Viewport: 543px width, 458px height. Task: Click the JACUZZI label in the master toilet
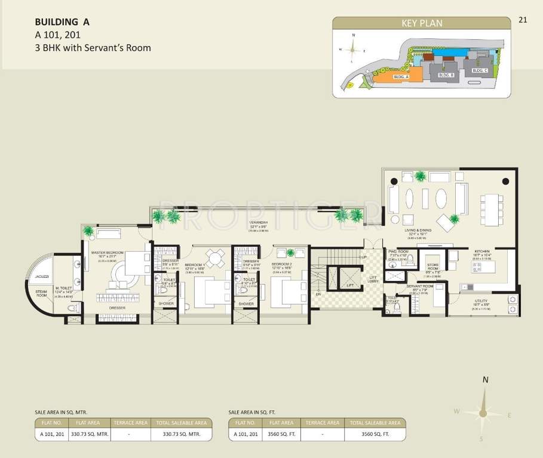pyautogui.click(x=42, y=277)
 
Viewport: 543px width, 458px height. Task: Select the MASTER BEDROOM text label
pyautogui.click(x=108, y=253)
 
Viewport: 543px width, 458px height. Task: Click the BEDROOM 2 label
pyautogui.click(x=281, y=263)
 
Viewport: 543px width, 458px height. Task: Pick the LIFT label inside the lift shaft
pyautogui.click(x=350, y=286)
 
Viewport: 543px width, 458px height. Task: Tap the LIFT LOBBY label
pyautogui.click(x=373, y=279)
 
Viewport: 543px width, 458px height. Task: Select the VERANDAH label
pyautogui.click(x=259, y=224)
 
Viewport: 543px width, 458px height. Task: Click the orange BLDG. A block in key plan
pyautogui.click(x=397, y=77)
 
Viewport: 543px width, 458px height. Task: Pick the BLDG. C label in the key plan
pyautogui.click(x=480, y=70)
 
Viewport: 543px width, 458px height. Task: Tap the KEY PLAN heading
pyautogui.click(x=422, y=23)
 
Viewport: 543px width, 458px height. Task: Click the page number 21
pyautogui.click(x=523, y=20)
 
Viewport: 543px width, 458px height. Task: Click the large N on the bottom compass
pyautogui.click(x=486, y=380)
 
